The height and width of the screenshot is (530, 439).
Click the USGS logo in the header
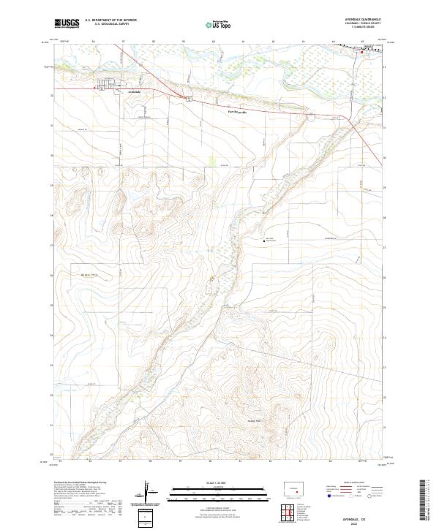pos(67,23)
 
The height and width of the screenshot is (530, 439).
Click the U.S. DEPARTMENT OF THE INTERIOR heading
pos(111,20)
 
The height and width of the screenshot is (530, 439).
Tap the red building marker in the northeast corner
pos(361,51)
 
